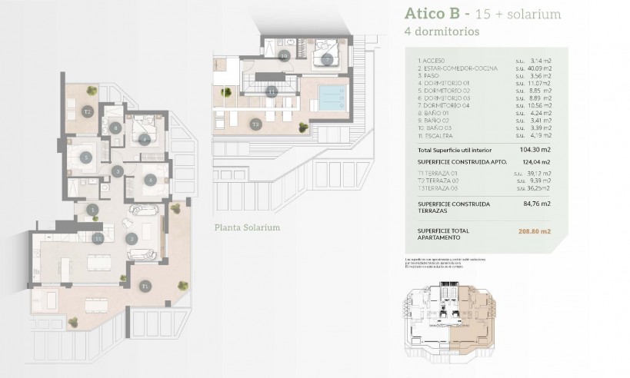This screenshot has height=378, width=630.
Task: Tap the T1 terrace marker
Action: [x=145, y=286]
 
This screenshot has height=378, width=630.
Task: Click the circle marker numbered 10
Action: [x=284, y=55]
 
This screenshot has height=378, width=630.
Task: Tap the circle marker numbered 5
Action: [x=87, y=157]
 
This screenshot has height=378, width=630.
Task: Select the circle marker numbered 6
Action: [x=151, y=180]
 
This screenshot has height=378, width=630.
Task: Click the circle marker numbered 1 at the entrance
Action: [x=93, y=209]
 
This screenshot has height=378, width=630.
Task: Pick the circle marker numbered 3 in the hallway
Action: [x=118, y=171]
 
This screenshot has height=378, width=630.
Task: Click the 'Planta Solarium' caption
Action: [x=247, y=228]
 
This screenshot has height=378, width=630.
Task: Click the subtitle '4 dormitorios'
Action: [x=442, y=32]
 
